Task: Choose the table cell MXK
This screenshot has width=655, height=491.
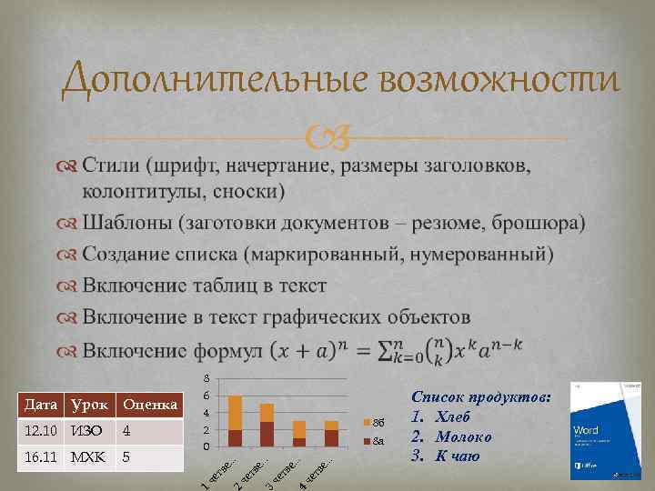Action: coord(88,456)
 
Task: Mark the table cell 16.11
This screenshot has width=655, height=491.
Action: coord(42,456)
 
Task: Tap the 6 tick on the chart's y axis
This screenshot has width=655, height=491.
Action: coord(207,396)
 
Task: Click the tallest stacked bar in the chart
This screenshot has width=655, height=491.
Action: coord(235,421)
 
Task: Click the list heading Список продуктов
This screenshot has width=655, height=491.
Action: coord(480,397)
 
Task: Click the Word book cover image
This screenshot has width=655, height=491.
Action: coord(599,429)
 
